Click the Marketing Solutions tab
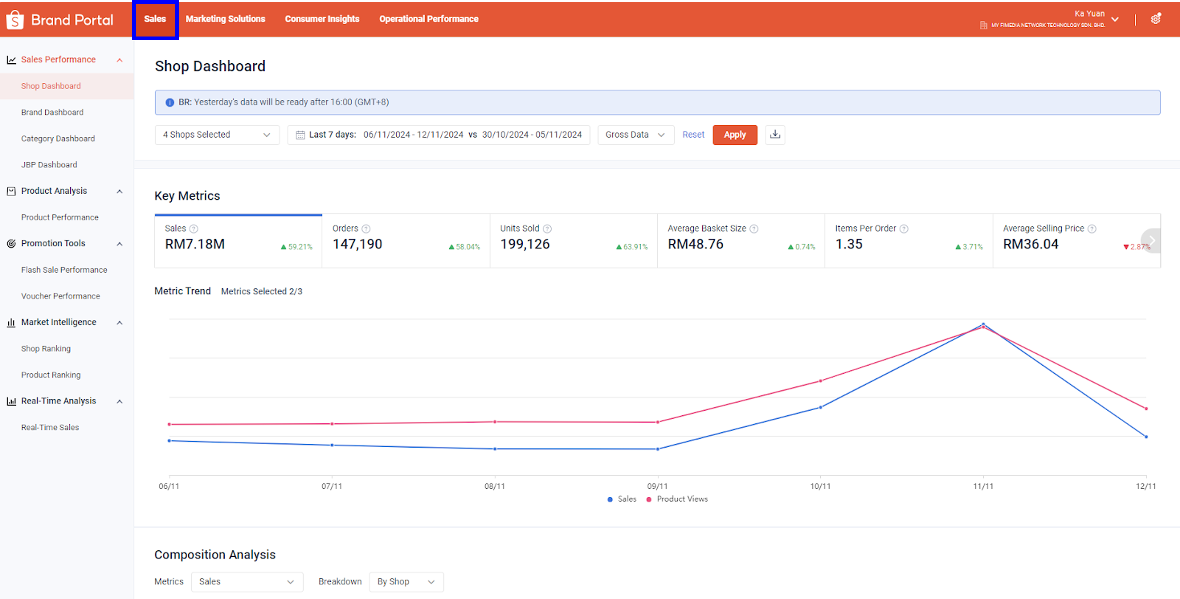point(225,19)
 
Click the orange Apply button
point(734,135)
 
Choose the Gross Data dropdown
point(635,135)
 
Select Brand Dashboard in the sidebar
point(52,112)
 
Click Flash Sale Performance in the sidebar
point(64,270)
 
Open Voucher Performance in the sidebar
point(60,296)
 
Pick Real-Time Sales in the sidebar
point(50,427)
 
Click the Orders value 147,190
point(357,244)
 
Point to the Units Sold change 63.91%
point(635,247)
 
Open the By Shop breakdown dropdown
point(406,582)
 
